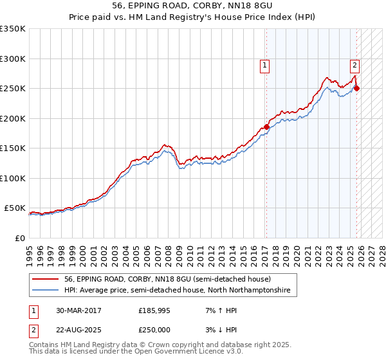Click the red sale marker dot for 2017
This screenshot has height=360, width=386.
point(266,127)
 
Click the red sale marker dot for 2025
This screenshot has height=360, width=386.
point(357,89)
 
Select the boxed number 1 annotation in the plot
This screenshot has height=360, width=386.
point(264,64)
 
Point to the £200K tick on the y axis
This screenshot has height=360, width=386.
point(12,118)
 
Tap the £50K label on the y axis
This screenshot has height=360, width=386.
point(15,208)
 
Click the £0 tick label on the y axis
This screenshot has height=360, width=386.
point(20,238)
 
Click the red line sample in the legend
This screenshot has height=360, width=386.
point(46,279)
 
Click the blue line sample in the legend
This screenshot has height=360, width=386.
point(46,291)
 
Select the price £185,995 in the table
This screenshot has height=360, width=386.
point(155,310)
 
